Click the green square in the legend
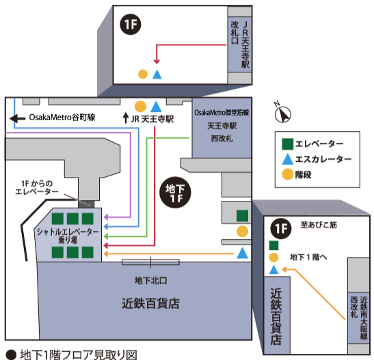[289, 144]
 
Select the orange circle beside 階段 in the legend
[289, 174]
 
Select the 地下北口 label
[151, 280]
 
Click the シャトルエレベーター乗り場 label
[69, 236]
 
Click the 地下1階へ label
[309, 258]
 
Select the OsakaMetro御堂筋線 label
[222, 111]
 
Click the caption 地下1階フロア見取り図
[79, 355]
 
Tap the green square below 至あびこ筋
[274, 245]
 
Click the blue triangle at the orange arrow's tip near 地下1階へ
[274, 271]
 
